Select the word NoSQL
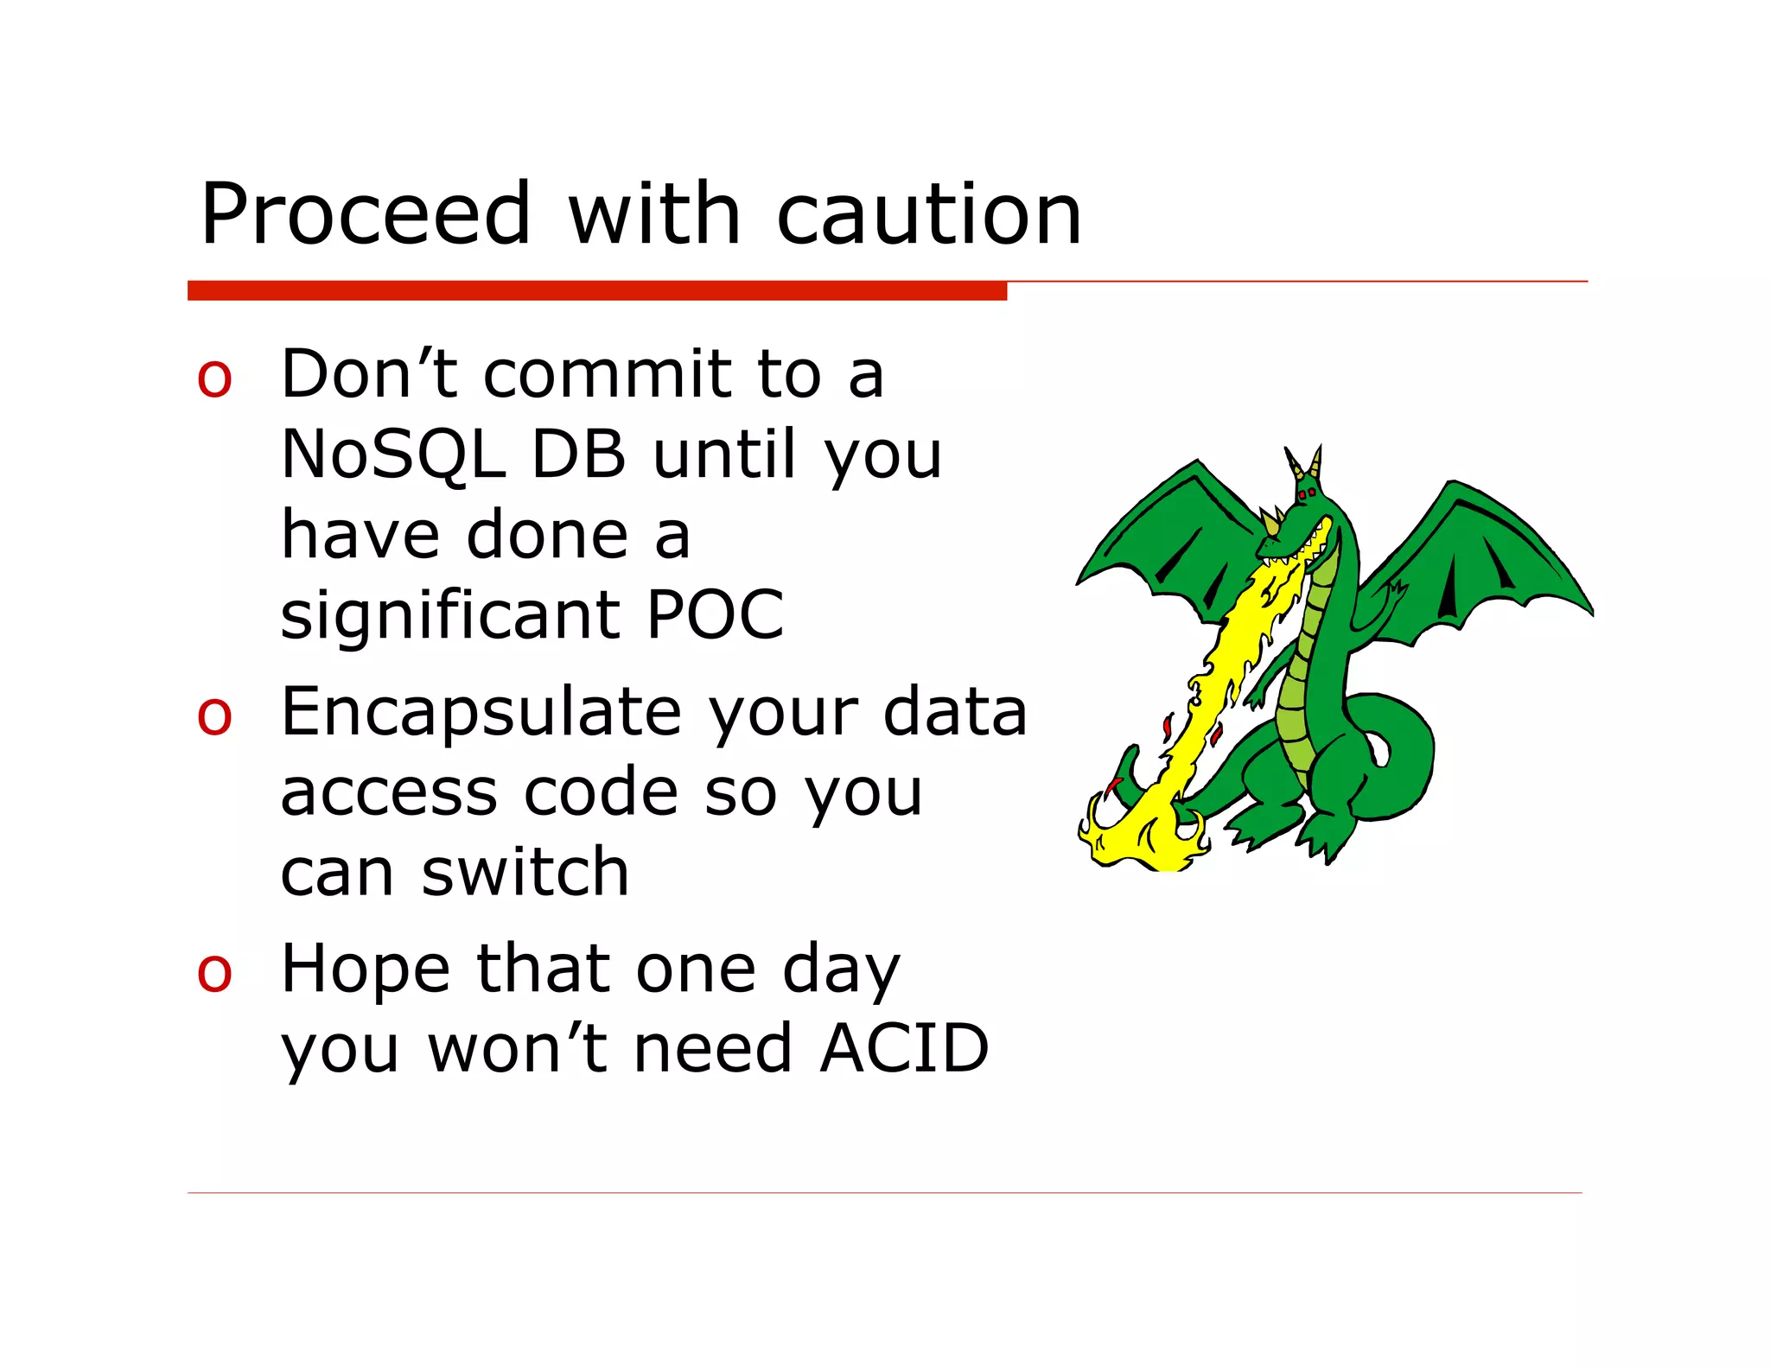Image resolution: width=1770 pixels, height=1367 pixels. (393, 455)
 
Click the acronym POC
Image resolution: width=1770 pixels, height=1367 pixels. (715, 614)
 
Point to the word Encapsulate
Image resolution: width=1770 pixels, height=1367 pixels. (481, 712)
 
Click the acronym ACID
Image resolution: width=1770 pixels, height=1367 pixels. (904, 1049)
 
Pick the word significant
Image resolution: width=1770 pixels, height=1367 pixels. (449, 614)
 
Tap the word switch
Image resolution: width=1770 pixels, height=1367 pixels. (525, 873)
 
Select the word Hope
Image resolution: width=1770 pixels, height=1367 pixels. (366, 970)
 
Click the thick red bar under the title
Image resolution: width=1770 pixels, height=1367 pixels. (596, 291)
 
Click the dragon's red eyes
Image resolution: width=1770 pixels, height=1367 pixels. (1307, 493)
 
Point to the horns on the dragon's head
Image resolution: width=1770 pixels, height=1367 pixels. (1304, 462)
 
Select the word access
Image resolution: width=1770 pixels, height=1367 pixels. (389, 793)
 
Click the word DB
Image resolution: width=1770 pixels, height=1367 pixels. (578, 455)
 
